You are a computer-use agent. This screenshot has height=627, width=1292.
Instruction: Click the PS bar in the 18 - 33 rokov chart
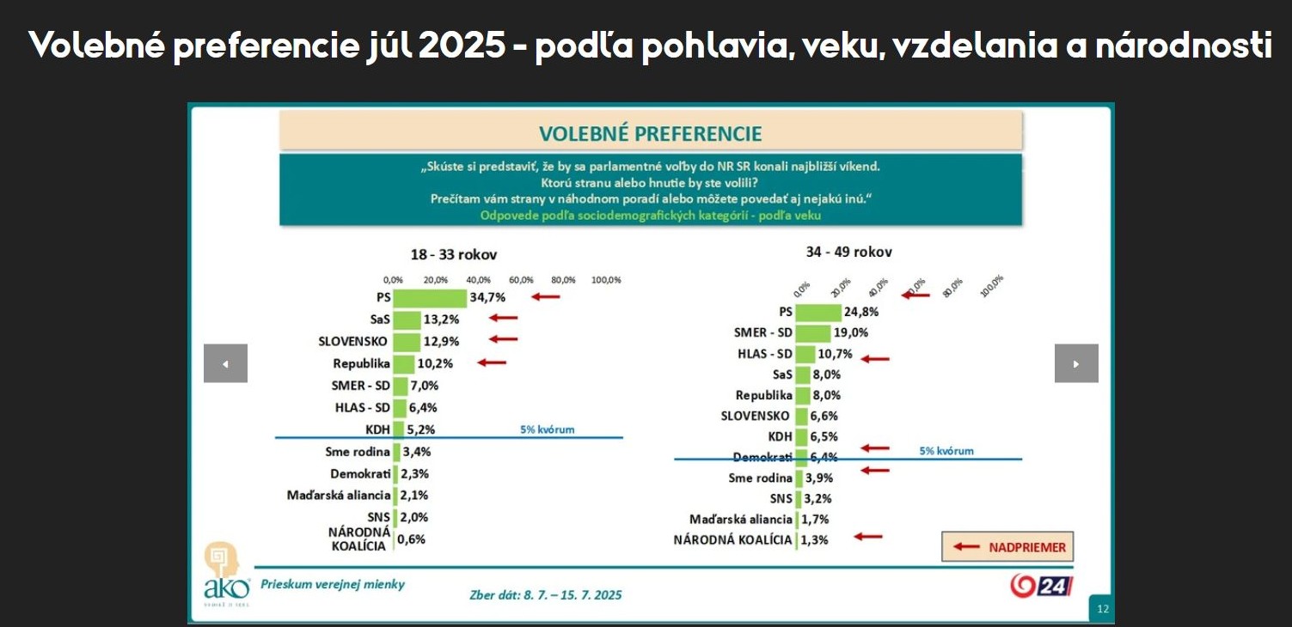pyautogui.click(x=430, y=297)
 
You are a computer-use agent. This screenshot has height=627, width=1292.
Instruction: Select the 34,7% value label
pyautogui.click(x=487, y=297)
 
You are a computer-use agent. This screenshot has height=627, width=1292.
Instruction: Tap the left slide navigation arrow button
pyautogui.click(x=225, y=363)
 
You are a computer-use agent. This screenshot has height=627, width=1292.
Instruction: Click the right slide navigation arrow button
pyautogui.click(x=1076, y=363)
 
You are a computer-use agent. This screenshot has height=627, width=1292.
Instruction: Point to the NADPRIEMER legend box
pyautogui.click(x=1007, y=547)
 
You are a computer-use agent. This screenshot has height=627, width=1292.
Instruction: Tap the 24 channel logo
pyautogui.click(x=1041, y=586)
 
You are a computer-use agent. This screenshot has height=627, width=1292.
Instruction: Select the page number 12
pyautogui.click(x=1102, y=610)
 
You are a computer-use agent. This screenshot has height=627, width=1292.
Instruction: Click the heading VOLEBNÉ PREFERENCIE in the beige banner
pyautogui.click(x=651, y=133)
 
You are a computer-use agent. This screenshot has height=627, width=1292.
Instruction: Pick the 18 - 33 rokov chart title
pyautogui.click(x=453, y=255)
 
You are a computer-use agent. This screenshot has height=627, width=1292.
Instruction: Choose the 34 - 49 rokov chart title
pyautogui.click(x=848, y=252)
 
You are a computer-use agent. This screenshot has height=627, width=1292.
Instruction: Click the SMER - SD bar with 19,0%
pyautogui.click(x=813, y=333)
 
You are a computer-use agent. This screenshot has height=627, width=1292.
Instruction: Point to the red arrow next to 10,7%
pyautogui.click(x=875, y=358)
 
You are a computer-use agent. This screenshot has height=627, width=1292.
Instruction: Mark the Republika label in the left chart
pyautogui.click(x=362, y=363)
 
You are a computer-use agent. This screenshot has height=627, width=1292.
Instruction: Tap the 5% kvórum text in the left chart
pyautogui.click(x=548, y=429)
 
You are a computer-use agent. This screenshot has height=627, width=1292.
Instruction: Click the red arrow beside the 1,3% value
pyautogui.click(x=868, y=537)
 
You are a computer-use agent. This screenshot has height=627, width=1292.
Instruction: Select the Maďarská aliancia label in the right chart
pyautogui.click(x=741, y=520)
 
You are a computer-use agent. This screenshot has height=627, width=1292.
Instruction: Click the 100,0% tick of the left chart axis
pyautogui.click(x=606, y=280)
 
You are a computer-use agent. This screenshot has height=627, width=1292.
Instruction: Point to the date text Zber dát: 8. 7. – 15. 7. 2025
pyautogui.click(x=546, y=594)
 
